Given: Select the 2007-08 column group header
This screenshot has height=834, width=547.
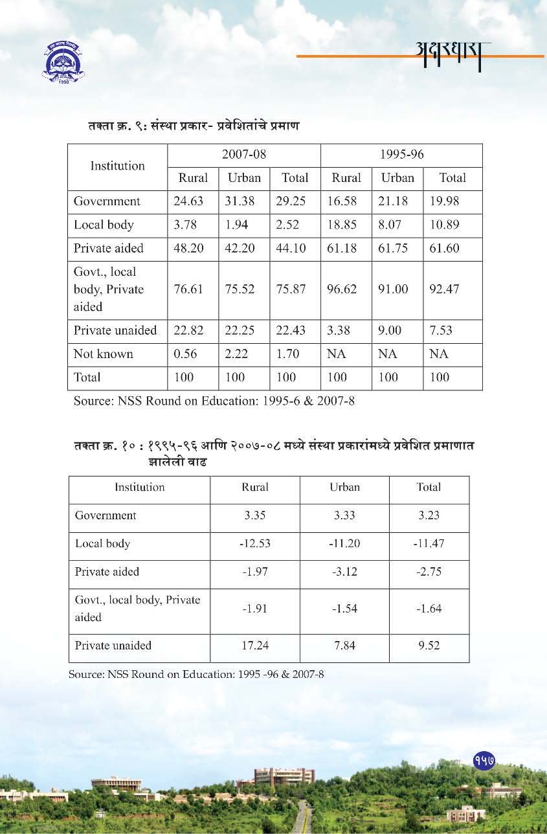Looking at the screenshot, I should tap(244, 155).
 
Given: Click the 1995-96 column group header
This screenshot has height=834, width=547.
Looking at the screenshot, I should tap(401, 155).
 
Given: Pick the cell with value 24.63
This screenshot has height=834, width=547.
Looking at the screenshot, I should tap(188, 201).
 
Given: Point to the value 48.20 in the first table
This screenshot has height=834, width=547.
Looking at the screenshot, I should tap(188, 249).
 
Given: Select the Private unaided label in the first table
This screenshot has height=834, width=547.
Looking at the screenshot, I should tap(115, 330).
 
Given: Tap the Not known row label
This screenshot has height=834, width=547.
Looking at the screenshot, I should tap(104, 354).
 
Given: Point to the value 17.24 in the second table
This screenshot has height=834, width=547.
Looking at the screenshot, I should tap(254, 646).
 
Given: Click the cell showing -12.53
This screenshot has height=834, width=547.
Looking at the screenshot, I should tap(254, 543).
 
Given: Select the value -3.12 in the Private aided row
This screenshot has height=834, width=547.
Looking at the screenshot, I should tap(344, 572).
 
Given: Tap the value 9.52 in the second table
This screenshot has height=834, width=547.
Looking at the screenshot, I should tap(429, 646).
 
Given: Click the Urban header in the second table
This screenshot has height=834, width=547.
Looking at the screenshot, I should tap(344, 488).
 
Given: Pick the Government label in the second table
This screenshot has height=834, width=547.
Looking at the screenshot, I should tap(106, 516).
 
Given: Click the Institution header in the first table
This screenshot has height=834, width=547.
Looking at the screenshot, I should tap(117, 166).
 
